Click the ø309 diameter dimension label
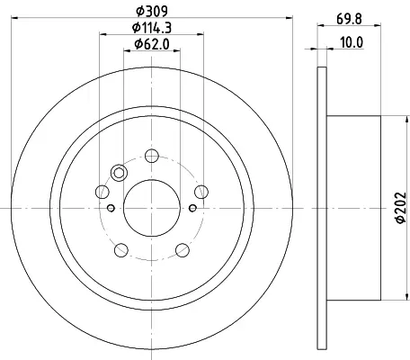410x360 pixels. tap(152, 11)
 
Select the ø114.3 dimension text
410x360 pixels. tap(152, 28)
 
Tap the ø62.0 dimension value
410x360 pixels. tap(152, 44)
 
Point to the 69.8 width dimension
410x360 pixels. tap(349, 19)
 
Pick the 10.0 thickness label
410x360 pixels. tap(352, 42)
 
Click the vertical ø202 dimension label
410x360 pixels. tap(401, 208)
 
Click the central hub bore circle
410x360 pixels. tap(152, 180)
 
